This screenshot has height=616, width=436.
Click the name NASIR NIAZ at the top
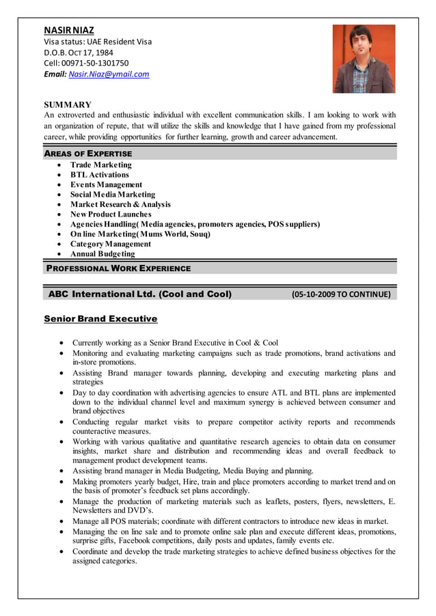point(69,31)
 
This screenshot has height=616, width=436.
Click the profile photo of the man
point(364,59)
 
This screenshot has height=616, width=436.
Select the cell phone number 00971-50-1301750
point(95,63)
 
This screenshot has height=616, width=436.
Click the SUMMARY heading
point(68,104)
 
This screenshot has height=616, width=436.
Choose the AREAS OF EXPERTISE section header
point(88,154)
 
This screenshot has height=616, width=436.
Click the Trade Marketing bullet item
point(101,165)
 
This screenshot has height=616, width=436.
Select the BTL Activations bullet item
point(100,175)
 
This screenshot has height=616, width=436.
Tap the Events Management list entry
point(107,184)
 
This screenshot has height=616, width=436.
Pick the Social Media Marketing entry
point(113,195)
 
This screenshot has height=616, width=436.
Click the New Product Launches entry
point(111,214)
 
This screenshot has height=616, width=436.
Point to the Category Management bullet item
point(111,244)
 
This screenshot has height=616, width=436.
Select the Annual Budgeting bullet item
point(103,254)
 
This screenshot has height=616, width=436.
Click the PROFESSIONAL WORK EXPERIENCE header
point(118,268)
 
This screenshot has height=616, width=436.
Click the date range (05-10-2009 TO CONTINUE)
point(341,295)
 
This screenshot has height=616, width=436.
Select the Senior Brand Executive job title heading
point(100,319)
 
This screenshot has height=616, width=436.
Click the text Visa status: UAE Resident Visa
point(98,41)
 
